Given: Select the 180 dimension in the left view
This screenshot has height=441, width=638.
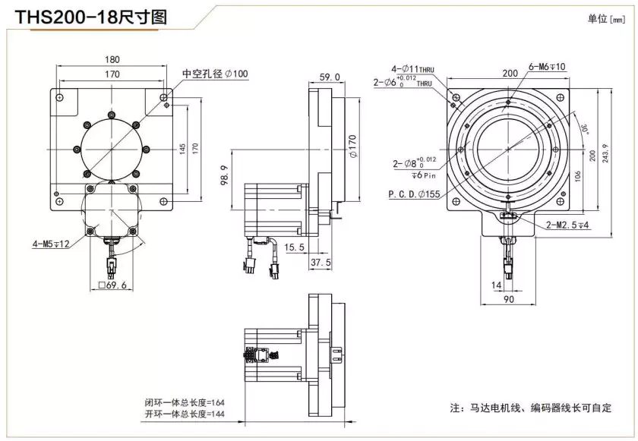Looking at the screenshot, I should (112, 60).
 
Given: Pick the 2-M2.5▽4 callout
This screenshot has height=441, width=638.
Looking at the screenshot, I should (570, 225).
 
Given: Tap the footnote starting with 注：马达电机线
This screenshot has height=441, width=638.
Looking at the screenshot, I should (531, 408).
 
